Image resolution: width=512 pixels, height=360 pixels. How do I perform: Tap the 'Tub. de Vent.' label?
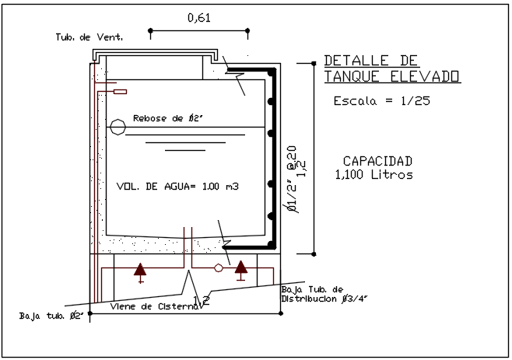[89, 37]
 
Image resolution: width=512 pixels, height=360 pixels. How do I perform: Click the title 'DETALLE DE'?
[370, 61]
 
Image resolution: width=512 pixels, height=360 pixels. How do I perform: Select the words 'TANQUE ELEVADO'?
[391, 76]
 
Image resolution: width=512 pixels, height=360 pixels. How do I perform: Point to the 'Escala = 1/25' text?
[381, 101]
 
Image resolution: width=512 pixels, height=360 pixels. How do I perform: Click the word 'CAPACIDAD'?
[377, 161]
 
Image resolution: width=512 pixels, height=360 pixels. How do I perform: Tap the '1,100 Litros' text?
[373, 175]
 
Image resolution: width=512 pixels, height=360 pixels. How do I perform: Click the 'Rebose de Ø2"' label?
[168, 118]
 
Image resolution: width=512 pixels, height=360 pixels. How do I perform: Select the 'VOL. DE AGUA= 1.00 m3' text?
[177, 187]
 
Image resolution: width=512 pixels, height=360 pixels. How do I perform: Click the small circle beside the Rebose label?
[117, 126]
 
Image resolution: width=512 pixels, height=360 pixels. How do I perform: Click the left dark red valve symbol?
[140, 271]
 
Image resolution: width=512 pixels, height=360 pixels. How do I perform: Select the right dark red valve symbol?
[241, 269]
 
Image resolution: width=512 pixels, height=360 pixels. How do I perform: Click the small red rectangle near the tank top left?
[120, 92]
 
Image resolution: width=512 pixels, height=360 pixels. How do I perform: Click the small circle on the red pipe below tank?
[219, 268]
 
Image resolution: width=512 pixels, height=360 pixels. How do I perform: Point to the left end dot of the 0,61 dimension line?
[150, 32]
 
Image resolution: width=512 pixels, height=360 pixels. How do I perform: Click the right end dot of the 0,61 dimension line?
[247, 32]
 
